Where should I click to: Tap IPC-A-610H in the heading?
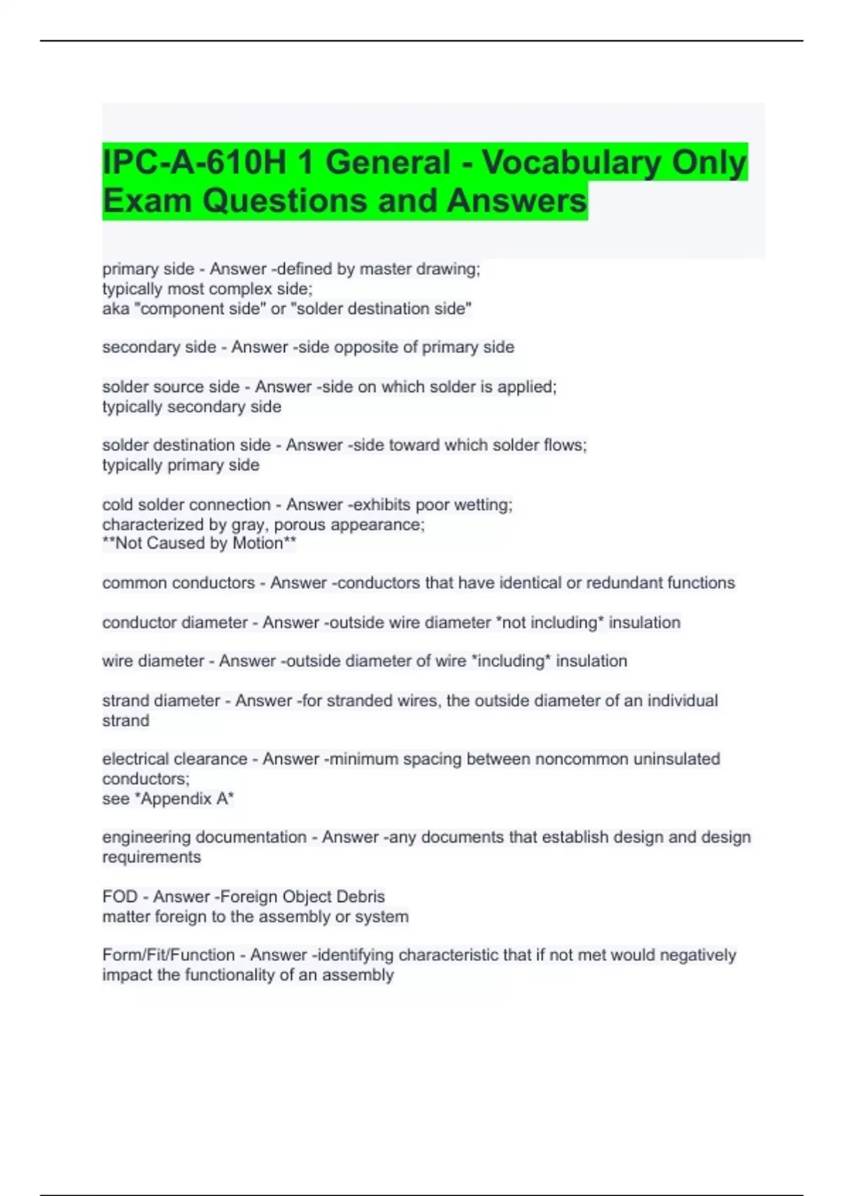193,163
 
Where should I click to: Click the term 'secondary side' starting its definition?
159,347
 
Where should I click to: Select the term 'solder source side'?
171,386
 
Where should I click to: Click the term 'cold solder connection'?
186,504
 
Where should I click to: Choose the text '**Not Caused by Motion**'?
199,543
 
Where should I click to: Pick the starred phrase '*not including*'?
549,622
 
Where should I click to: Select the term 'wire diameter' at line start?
153,661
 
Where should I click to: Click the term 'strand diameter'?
161,700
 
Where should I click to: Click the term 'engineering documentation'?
204,836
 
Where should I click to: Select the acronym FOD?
120,896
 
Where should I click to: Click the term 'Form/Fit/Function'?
168,955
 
